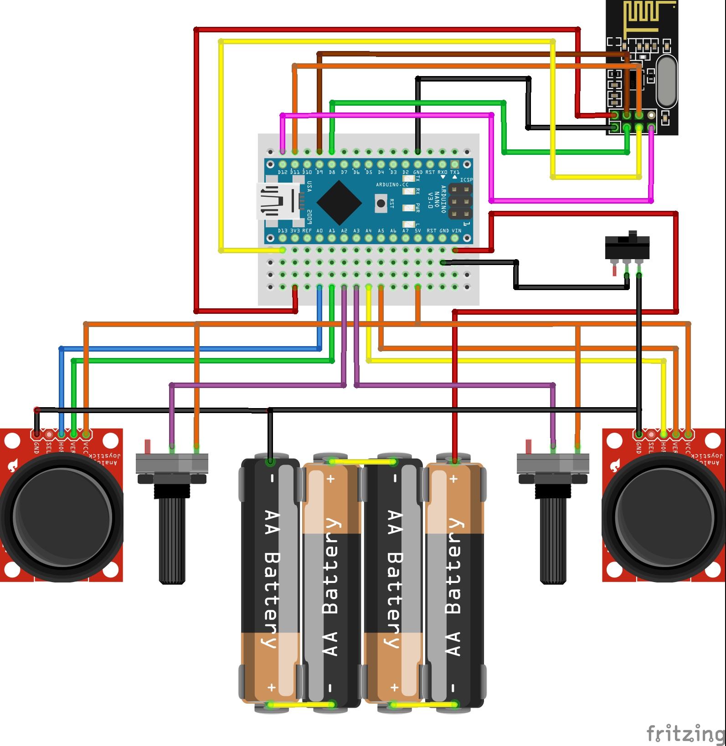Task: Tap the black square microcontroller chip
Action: click(x=339, y=203)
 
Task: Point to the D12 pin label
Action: click(x=283, y=172)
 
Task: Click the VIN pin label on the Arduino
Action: click(x=456, y=231)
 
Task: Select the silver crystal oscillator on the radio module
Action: click(x=666, y=82)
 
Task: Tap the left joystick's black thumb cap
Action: click(x=62, y=519)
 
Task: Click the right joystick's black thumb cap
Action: click(x=663, y=519)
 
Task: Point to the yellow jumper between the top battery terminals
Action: click(x=362, y=462)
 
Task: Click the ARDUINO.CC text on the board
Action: click(x=392, y=184)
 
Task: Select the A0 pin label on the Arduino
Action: click(x=319, y=231)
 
